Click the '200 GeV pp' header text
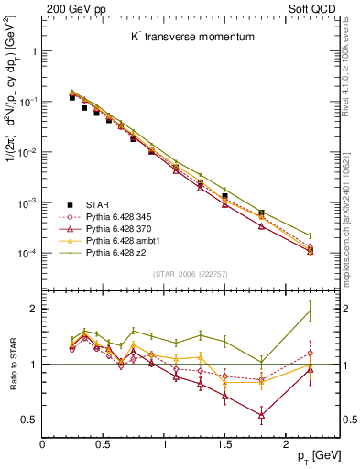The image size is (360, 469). click(x=72, y=10)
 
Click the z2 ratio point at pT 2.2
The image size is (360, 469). click(x=310, y=311)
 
